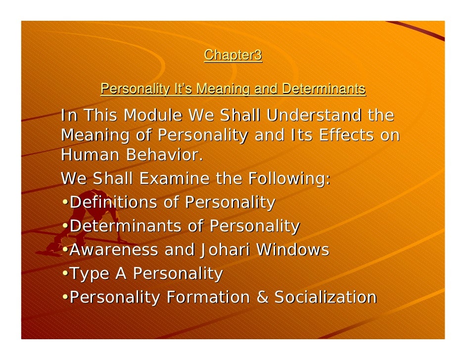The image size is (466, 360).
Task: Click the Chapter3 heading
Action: pyautogui.click(x=233, y=55)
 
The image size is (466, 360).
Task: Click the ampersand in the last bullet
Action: pyautogui.click(x=262, y=297)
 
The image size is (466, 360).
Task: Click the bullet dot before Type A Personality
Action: pyautogui.click(x=65, y=274)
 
